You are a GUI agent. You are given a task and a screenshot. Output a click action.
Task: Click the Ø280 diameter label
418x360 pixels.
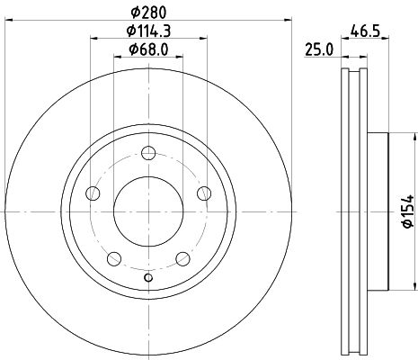pyautogui.click(x=148, y=13)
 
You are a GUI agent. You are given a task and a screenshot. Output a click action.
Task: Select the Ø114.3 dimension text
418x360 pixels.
pyautogui.click(x=148, y=31)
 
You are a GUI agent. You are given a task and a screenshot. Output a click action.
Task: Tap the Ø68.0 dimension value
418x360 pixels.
pyautogui.click(x=148, y=49)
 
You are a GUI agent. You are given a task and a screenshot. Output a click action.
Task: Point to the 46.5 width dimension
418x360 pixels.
pyautogui.click(x=365, y=31)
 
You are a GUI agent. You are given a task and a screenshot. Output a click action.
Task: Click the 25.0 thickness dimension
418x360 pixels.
pyautogui.click(x=319, y=49)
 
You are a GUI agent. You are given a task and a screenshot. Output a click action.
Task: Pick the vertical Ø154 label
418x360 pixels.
pyautogui.click(x=408, y=211)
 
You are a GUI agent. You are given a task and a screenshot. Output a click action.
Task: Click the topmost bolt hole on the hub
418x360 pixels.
pyautogui.click(x=148, y=153)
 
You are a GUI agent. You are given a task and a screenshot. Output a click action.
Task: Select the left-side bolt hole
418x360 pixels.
pyautogui.click(x=93, y=193)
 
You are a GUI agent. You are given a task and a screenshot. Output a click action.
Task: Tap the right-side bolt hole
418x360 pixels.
pyautogui.click(x=204, y=193)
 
